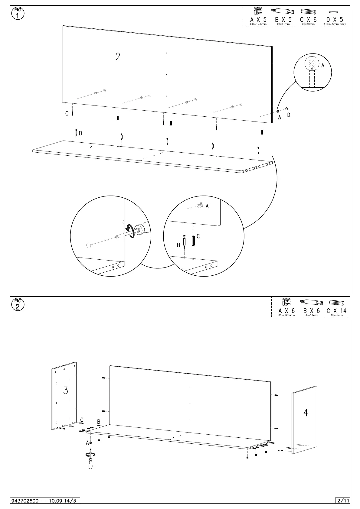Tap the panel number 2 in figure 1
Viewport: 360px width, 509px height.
click(x=118, y=57)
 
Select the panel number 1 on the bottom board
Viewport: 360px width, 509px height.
click(x=92, y=150)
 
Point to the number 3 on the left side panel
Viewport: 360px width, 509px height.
click(x=66, y=391)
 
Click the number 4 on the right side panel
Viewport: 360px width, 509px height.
click(x=306, y=413)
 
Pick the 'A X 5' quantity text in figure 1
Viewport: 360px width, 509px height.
click(x=258, y=20)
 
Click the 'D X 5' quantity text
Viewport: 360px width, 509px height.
click(x=335, y=20)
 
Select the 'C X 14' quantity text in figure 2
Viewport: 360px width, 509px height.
click(x=336, y=311)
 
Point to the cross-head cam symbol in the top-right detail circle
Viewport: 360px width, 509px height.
click(x=312, y=64)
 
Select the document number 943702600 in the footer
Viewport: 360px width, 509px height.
click(x=25, y=501)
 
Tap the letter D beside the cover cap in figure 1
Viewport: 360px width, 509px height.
click(x=289, y=115)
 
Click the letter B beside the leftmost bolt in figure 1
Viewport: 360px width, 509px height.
click(x=80, y=133)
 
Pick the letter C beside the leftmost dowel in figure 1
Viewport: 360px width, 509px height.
click(x=67, y=114)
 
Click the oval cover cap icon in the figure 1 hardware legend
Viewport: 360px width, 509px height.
click(x=333, y=12)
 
